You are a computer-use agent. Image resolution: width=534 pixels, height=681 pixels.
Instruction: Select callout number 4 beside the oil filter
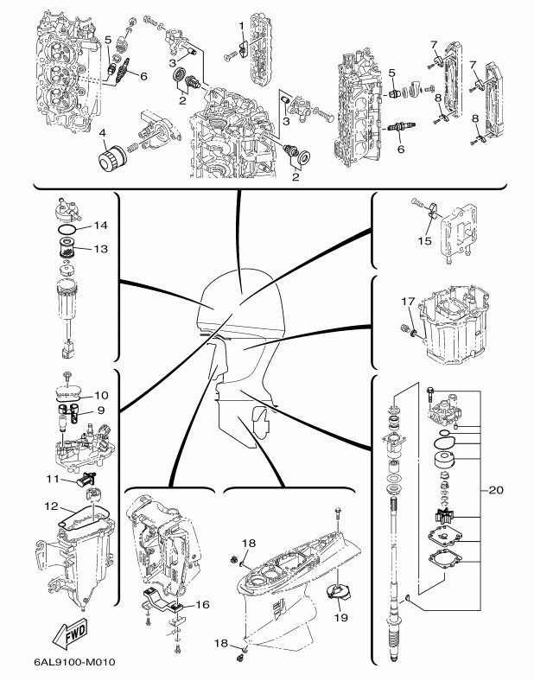pos(102,134)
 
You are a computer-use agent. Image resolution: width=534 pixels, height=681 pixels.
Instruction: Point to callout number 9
pos(99,410)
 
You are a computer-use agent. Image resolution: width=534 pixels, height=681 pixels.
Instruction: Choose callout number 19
pos(340,618)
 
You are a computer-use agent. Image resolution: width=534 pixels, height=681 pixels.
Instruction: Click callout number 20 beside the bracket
pos(495,490)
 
